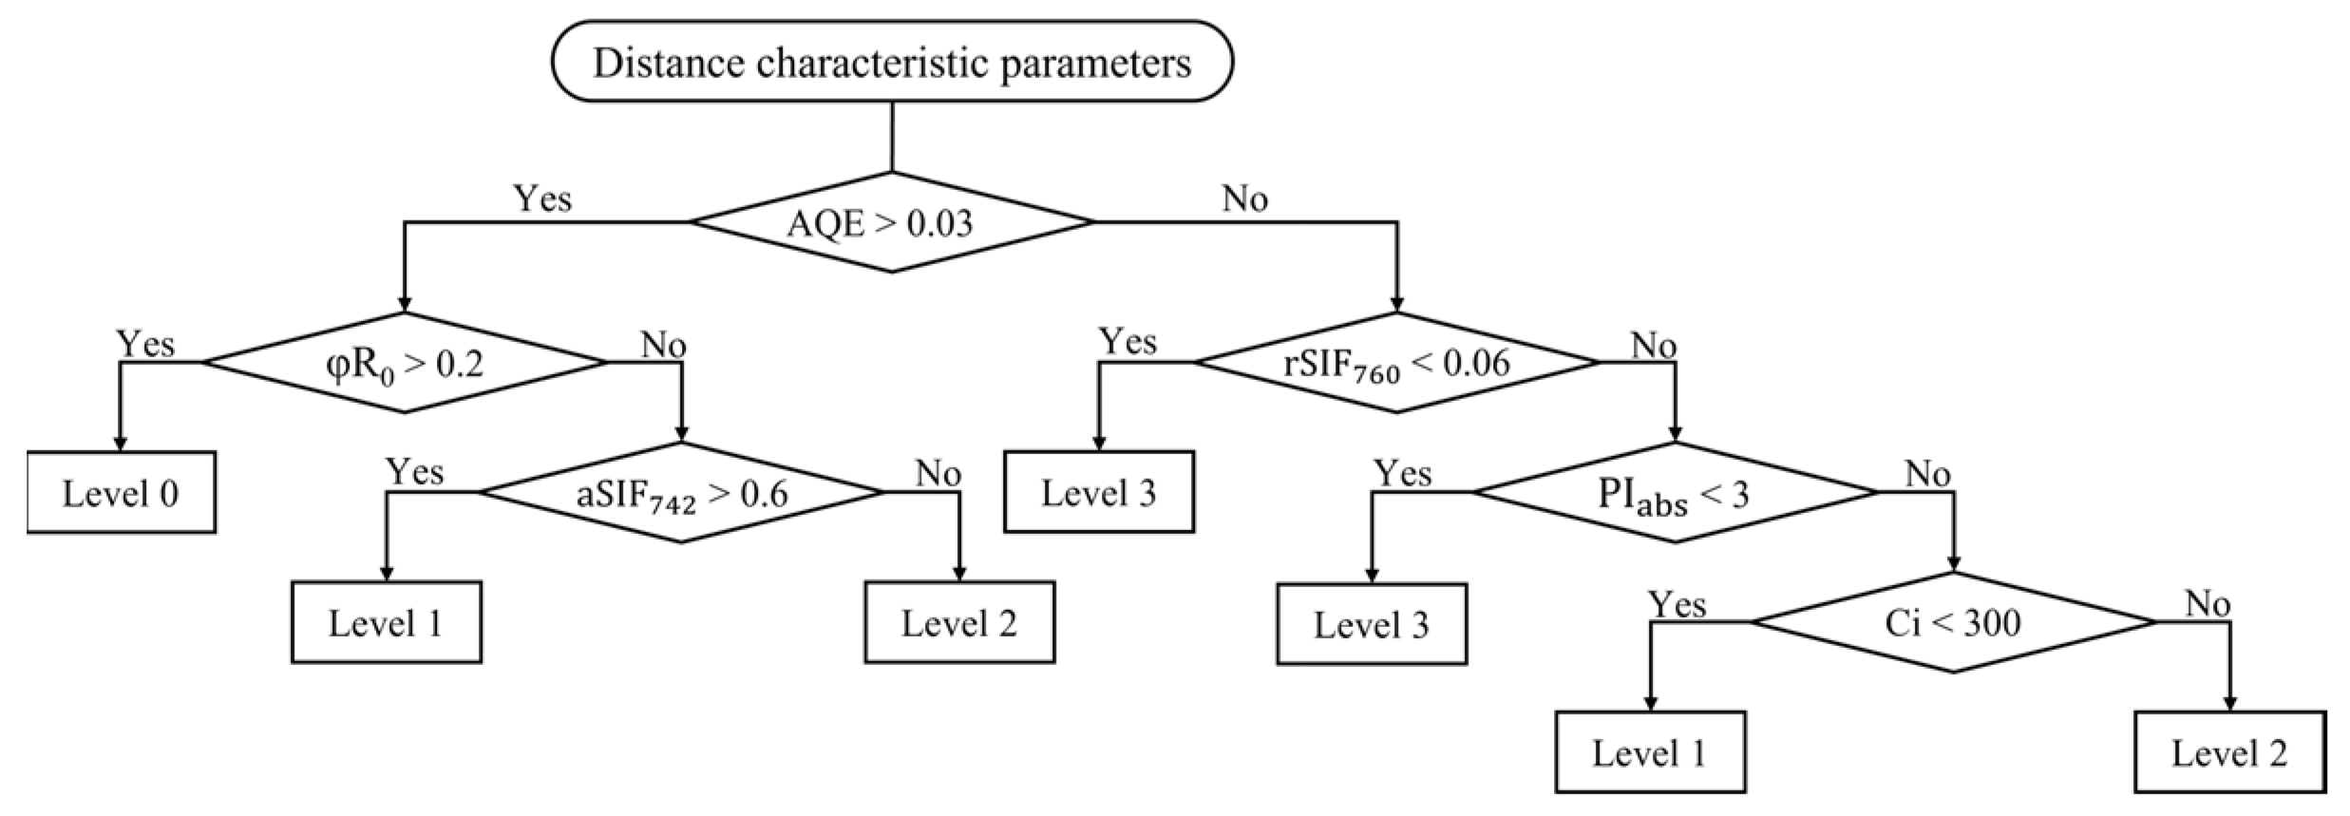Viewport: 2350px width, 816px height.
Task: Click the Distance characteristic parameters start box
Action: [x=892, y=63]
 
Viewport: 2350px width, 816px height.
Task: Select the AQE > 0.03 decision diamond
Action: [x=892, y=223]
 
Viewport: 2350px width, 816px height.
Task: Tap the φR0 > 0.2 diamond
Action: [x=406, y=363]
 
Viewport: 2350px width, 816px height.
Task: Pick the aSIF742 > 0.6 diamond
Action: [x=681, y=493]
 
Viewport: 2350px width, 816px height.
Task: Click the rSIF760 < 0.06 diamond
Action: [x=1396, y=363]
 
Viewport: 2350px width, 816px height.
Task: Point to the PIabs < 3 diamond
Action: [x=1675, y=493]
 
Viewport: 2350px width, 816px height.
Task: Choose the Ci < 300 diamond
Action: [x=1953, y=623]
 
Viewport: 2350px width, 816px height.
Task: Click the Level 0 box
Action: [x=121, y=493]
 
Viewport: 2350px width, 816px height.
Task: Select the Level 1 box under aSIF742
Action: [x=386, y=623]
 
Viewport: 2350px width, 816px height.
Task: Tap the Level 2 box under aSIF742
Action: [x=959, y=623]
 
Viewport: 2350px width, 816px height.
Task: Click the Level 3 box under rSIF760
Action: [x=1099, y=492]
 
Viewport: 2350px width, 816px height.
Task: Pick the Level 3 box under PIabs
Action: [x=1371, y=624]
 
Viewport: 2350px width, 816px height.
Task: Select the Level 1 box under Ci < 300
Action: [x=1650, y=752]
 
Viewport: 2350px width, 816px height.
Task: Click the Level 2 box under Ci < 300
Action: [x=2229, y=752]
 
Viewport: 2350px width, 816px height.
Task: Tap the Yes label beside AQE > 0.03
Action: [x=542, y=199]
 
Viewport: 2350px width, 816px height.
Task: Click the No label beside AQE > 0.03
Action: [x=1244, y=199]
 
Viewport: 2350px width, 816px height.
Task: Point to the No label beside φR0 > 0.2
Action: [x=663, y=345]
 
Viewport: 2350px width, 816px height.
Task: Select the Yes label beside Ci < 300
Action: [x=1677, y=604]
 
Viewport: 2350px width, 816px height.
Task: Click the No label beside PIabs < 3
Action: [x=1927, y=474]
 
